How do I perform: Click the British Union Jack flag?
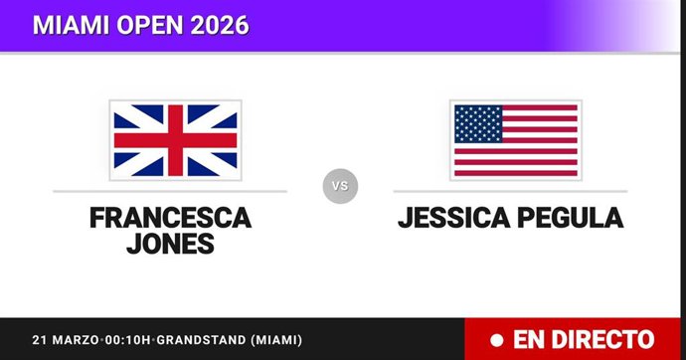pyautogui.click(x=175, y=140)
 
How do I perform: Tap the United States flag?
pyautogui.click(x=515, y=140)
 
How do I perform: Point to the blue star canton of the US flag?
pyautogui.click(x=477, y=124)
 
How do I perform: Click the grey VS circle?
pyautogui.click(x=340, y=185)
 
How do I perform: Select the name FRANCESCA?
pyautogui.click(x=170, y=218)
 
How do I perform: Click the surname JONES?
pyautogui.click(x=170, y=244)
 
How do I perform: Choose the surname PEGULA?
pyautogui.click(x=569, y=218)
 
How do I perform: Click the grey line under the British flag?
pyautogui.click(x=170, y=191)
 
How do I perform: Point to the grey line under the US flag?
pyautogui.click(x=510, y=191)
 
